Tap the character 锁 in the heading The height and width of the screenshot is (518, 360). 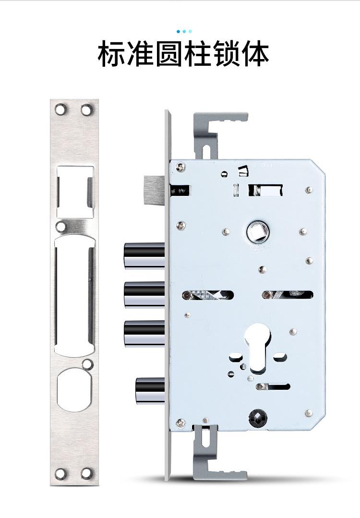pyautogui.click(x=226, y=53)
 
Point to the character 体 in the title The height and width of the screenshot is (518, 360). pyautogui.click(x=255, y=53)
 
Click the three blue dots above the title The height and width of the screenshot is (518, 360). pyautogui.click(x=184, y=31)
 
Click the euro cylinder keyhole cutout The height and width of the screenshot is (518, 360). pyautogui.click(x=257, y=348)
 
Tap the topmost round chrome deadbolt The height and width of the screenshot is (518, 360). pyautogui.click(x=144, y=255)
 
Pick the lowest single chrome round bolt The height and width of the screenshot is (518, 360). pyautogui.click(x=150, y=391)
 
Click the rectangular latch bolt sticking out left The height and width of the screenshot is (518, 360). pyautogui.click(x=154, y=190)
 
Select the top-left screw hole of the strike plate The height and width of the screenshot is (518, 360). pyautogui.click(x=61, y=109)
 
